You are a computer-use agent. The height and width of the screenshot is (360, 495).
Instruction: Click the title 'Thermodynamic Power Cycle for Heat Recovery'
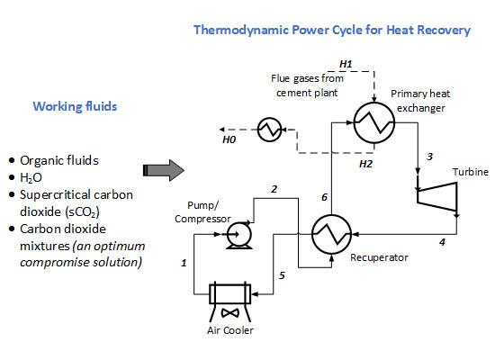pos(332,31)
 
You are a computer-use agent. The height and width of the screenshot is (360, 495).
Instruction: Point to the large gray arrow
pos(164,169)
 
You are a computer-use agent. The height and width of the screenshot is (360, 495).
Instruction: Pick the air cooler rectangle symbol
pos(232,293)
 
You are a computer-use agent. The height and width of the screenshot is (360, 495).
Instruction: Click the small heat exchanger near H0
pos(267,130)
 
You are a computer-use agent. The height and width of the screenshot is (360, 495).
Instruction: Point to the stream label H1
pos(346,63)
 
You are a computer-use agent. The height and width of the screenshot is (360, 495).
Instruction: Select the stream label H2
pos(365,164)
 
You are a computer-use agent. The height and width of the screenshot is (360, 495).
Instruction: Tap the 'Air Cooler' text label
pos(232,330)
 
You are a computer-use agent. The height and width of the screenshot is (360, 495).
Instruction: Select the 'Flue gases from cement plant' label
pos(302,85)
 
